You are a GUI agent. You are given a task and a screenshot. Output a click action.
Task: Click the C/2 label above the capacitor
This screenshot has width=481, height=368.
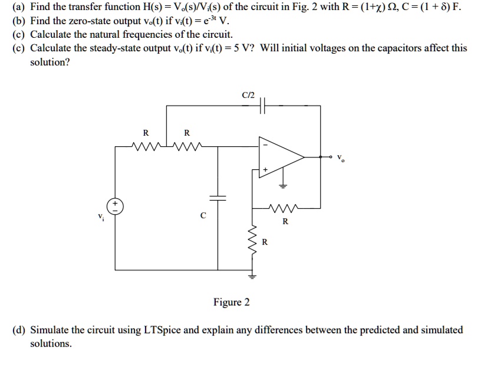point(247,94)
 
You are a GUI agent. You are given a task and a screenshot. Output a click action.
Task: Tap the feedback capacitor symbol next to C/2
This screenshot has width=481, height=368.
point(263,106)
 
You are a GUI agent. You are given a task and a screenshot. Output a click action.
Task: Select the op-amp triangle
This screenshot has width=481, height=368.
point(280,157)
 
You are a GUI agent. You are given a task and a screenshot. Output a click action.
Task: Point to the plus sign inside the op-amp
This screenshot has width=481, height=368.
point(265,169)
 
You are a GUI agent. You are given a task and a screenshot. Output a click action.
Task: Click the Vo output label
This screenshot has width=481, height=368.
point(341,158)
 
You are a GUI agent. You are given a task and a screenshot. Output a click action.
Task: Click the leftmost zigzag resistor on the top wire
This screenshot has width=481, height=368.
point(144,146)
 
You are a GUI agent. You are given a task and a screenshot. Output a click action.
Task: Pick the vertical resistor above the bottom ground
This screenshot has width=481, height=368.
point(254,241)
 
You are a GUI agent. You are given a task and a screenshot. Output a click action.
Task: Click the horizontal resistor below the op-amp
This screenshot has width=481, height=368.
point(285,208)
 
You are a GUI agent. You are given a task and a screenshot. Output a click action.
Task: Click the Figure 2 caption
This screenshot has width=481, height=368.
point(231,303)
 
